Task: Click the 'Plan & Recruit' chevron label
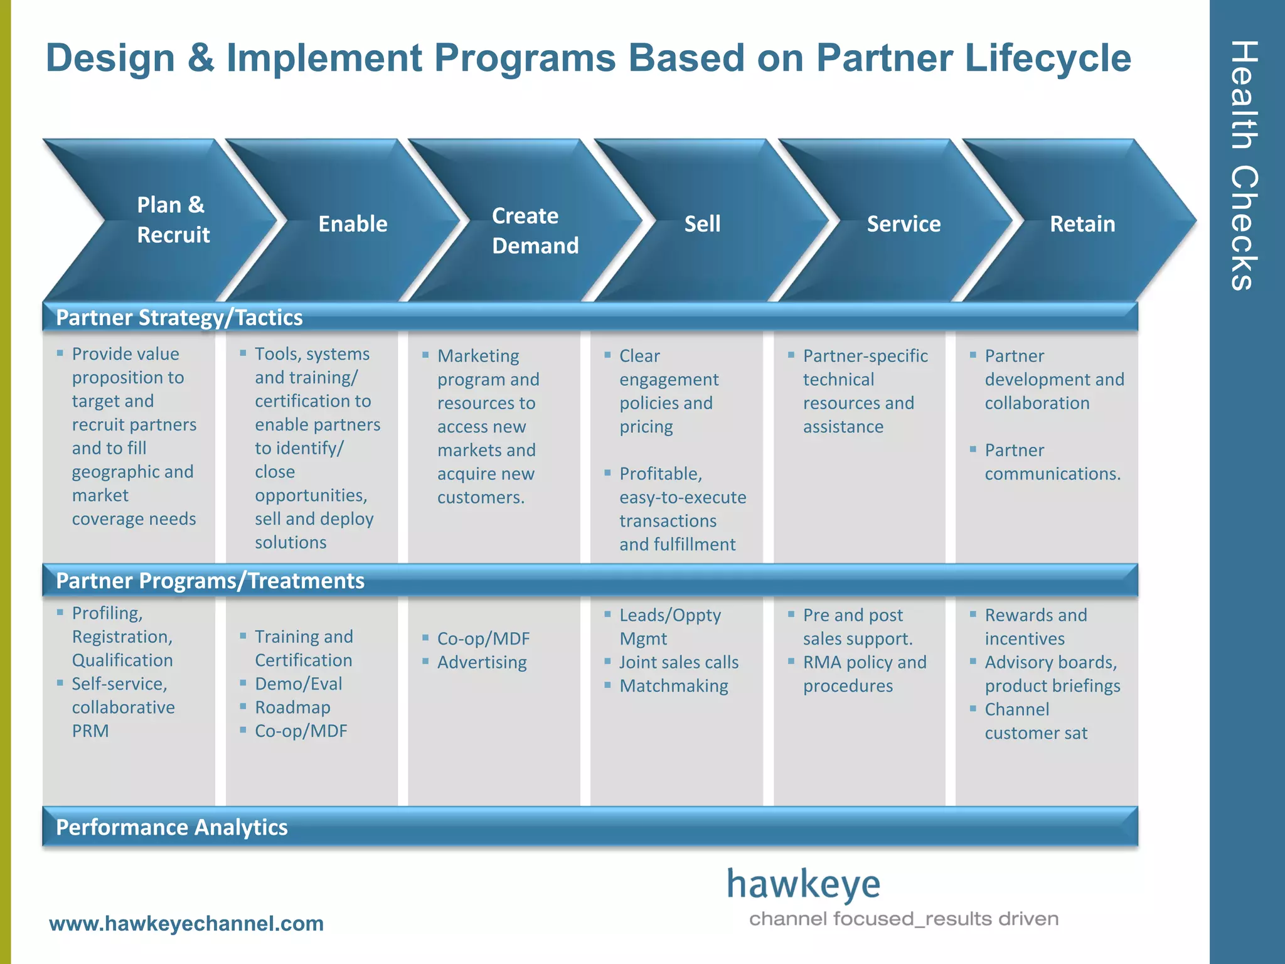[173, 220]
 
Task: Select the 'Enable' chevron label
[353, 224]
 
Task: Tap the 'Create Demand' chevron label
[535, 230]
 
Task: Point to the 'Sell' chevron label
[702, 224]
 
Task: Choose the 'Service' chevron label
[904, 224]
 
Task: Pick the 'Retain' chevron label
[1082, 224]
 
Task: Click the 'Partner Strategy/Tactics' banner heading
[179, 318]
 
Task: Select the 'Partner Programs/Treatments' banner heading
[210, 581]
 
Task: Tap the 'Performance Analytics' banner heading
[171, 827]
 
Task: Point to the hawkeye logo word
[803, 885]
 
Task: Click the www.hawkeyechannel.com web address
[186, 924]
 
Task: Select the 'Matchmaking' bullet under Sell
[673, 686]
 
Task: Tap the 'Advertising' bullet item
[482, 662]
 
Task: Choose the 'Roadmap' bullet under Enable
[292, 707]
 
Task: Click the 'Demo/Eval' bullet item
[299, 683]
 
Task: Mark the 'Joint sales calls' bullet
[678, 662]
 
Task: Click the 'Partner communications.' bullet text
[1052, 462]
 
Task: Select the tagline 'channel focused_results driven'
[904, 919]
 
